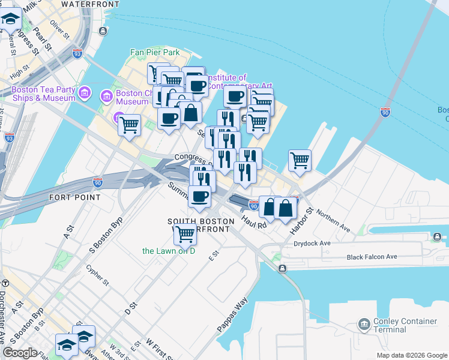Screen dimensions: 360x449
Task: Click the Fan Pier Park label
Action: (x=155, y=53)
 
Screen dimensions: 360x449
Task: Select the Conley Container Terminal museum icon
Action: (x=364, y=325)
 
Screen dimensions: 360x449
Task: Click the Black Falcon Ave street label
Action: (x=372, y=257)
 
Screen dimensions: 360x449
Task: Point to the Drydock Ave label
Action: (x=313, y=244)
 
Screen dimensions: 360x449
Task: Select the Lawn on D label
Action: (x=169, y=250)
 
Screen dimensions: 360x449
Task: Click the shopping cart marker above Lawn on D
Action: (x=185, y=233)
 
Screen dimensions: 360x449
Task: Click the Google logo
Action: (x=20, y=353)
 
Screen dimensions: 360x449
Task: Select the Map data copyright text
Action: (x=411, y=355)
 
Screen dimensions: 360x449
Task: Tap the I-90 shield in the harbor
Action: (x=385, y=112)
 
